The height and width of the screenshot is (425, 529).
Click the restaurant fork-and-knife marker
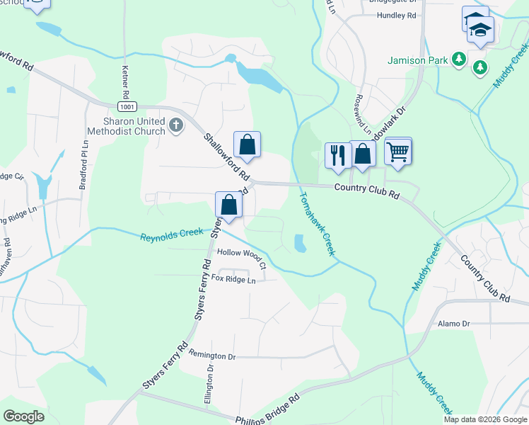(337, 155)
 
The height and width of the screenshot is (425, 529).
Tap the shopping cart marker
(398, 150)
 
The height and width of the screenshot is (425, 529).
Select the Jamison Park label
(418, 60)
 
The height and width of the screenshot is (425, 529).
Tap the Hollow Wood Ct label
(242, 257)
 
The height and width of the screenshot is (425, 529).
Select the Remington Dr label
(211, 356)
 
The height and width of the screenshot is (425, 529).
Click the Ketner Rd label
(125, 82)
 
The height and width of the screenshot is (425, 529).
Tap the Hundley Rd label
(397, 15)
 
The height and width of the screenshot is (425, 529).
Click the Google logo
(24, 416)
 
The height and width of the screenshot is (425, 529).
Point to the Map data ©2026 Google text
(484, 419)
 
